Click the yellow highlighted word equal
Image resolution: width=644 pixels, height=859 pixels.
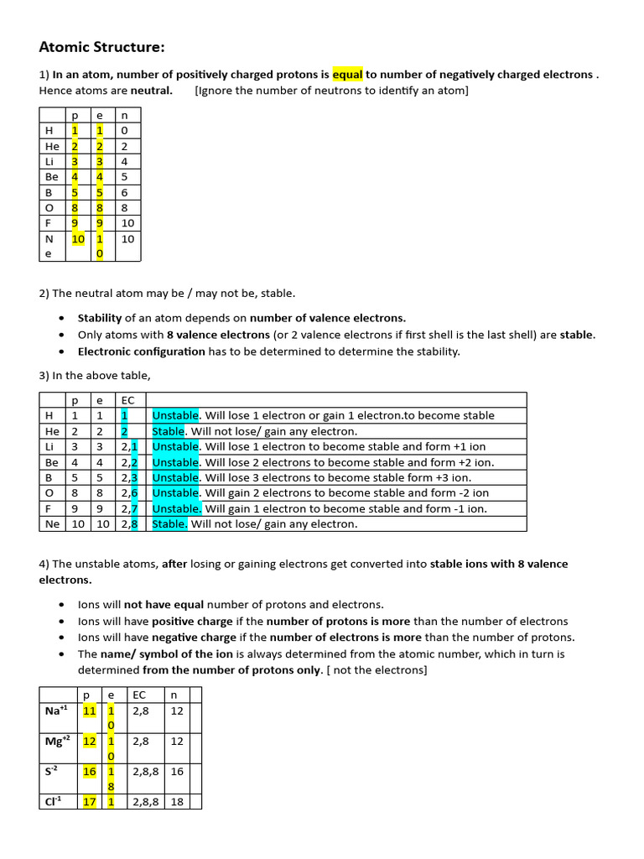point(348,75)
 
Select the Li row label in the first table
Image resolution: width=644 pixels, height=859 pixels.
point(50,161)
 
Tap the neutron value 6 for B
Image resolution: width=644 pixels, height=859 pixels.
point(125,192)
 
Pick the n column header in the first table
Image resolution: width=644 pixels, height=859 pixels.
point(125,115)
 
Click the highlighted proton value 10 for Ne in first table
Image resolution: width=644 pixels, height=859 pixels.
point(77,239)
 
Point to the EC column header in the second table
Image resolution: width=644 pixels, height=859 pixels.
point(127,400)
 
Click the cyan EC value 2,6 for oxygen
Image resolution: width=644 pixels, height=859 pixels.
point(129,493)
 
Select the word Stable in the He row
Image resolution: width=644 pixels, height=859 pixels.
point(168,431)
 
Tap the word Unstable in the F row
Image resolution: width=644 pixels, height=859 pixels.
point(176,508)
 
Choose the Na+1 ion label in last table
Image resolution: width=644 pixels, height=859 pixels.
point(55,711)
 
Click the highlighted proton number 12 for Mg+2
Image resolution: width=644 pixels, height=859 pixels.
point(89,742)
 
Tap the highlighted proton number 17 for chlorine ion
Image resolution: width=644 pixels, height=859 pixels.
point(89,802)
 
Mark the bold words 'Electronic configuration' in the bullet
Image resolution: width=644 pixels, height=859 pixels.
point(141,351)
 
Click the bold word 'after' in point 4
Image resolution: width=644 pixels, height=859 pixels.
point(174,564)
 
